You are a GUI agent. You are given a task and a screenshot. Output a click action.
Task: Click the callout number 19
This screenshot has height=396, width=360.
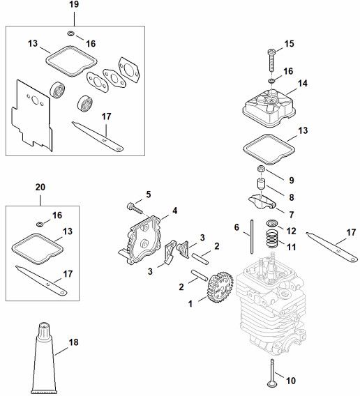click(74, 4)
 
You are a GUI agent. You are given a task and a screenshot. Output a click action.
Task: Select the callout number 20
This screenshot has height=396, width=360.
click(40, 188)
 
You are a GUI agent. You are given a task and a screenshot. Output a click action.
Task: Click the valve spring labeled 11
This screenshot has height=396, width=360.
click(273, 238)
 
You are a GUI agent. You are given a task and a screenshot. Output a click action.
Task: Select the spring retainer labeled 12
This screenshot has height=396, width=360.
click(272, 223)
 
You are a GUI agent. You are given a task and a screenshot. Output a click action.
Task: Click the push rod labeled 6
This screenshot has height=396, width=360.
click(252, 236)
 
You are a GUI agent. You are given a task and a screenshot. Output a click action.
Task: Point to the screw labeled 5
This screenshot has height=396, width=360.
click(135, 208)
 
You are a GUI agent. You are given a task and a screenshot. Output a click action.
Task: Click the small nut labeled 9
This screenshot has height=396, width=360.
click(261, 168)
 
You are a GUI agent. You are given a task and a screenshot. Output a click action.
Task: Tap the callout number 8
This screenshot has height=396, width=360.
click(292, 197)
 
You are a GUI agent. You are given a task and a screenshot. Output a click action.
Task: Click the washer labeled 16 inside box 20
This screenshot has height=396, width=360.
click(40, 224)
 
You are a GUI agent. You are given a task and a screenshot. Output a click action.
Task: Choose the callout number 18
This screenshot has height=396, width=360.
click(73, 342)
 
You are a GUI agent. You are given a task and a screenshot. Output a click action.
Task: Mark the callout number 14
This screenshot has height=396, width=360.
click(302, 84)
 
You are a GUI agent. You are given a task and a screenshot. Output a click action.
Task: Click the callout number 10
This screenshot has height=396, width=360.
click(291, 381)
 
